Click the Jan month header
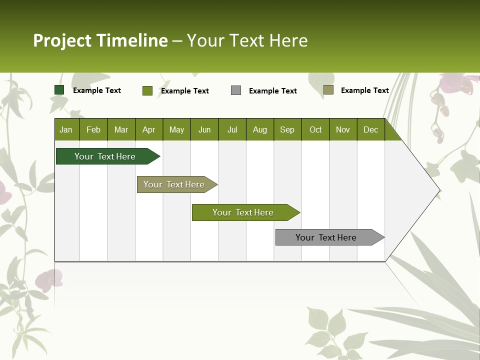[x=66, y=130]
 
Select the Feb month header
[x=93, y=130]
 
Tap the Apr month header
[x=148, y=130]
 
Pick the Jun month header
[x=204, y=130]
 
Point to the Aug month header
[x=259, y=130]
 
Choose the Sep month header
[x=287, y=130]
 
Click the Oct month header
[x=315, y=130]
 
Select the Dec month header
[x=370, y=130]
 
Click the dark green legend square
[x=59, y=90]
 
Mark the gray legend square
[x=236, y=90]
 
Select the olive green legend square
[x=147, y=90]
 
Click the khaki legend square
[x=328, y=90]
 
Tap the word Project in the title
[x=62, y=40]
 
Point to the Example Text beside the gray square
[x=273, y=91]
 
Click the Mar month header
[x=121, y=130]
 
